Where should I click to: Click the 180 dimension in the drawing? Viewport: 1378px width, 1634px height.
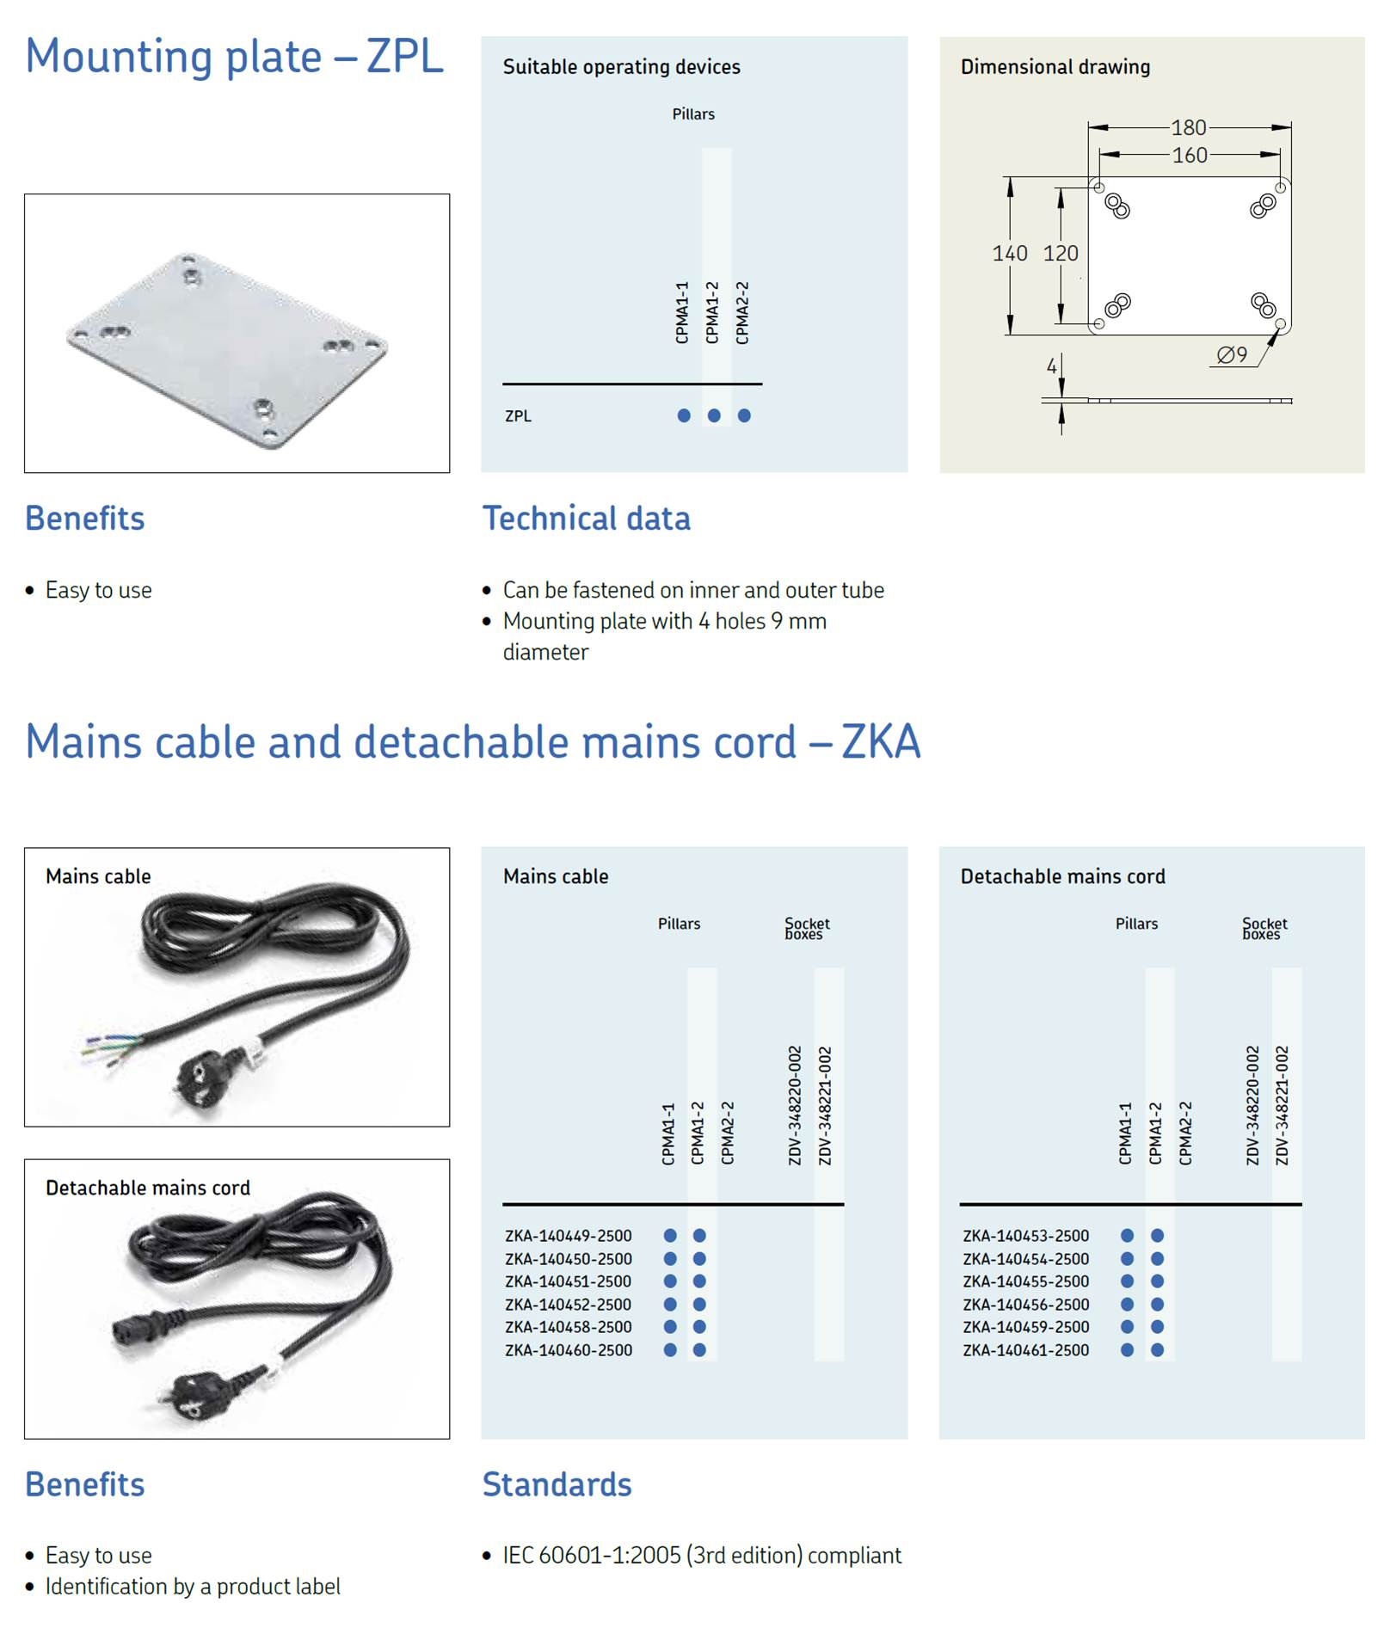pos(1189,128)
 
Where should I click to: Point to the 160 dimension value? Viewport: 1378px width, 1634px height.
pos(1190,156)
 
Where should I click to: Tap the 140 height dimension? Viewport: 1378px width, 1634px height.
pos(1010,254)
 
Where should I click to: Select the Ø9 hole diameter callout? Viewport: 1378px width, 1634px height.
pos(1232,355)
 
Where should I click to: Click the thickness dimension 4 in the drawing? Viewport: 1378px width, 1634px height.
pos(1051,367)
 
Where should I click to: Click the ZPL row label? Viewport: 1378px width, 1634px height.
pos(518,416)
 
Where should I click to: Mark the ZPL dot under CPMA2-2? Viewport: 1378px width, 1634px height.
pos(744,416)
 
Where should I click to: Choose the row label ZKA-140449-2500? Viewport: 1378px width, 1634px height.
pos(568,1236)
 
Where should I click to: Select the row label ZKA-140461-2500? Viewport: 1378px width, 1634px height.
pos(1025,1350)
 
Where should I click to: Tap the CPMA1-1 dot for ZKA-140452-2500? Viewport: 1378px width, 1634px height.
pos(670,1305)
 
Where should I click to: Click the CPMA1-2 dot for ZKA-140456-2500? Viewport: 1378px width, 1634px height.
pos(1157,1305)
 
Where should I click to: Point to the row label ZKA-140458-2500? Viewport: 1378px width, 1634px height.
pos(568,1327)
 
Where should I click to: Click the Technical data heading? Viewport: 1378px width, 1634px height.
pos(586,519)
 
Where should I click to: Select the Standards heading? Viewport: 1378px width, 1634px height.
pos(557,1484)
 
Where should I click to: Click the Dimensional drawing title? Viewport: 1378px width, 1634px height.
pos(1055,67)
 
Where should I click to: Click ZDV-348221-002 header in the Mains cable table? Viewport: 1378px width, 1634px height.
pos(825,1105)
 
